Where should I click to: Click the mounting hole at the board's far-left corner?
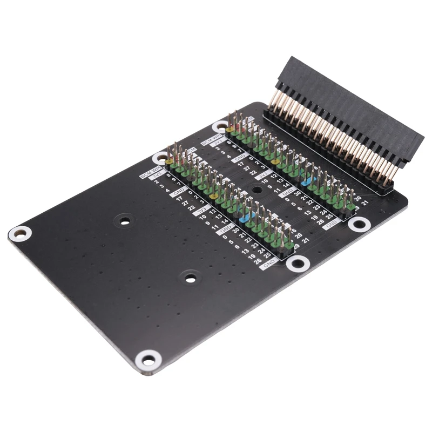click(20, 234)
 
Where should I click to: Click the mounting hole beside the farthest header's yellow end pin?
click(160, 158)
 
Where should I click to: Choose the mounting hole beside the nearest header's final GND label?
click(358, 224)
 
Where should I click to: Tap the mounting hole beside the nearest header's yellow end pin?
click(220, 127)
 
